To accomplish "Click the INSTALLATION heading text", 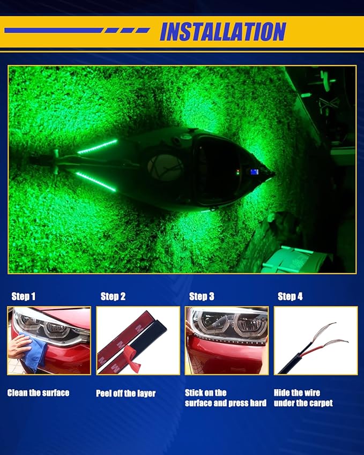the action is click(223, 32).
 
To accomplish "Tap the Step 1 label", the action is click(23, 296).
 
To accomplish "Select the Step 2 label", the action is click(113, 296).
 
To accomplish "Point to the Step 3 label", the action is click(202, 296).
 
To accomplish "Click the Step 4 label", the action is click(290, 296).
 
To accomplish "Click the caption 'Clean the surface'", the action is click(38, 393).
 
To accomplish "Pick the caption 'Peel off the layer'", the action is click(125, 393).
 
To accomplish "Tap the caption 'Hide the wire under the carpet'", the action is click(303, 398).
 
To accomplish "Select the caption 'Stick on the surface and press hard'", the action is click(226, 398).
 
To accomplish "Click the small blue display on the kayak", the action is click(255, 172).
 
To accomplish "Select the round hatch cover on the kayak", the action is click(165, 167).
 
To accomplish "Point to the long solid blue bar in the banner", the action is click(54, 31).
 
